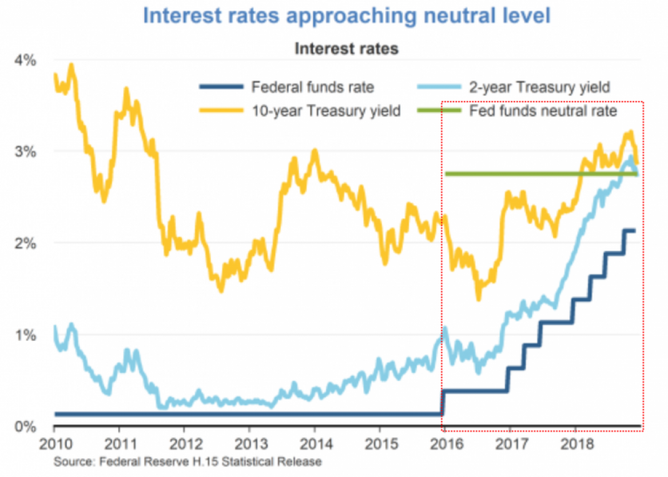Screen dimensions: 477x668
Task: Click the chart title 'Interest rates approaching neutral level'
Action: (x=346, y=15)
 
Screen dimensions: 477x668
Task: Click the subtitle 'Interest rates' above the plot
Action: (x=346, y=49)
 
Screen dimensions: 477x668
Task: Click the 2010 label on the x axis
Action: (x=54, y=446)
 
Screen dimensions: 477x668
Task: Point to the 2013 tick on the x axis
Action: (x=249, y=446)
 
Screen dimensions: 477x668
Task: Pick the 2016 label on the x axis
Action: (x=445, y=446)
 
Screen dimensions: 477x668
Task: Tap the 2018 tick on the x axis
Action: (x=574, y=446)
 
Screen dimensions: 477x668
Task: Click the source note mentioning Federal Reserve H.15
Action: (x=187, y=462)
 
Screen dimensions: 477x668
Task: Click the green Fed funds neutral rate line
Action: (x=512, y=173)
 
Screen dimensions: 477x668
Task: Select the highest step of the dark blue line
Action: (x=629, y=231)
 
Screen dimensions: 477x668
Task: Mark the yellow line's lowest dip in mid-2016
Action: (x=479, y=298)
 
